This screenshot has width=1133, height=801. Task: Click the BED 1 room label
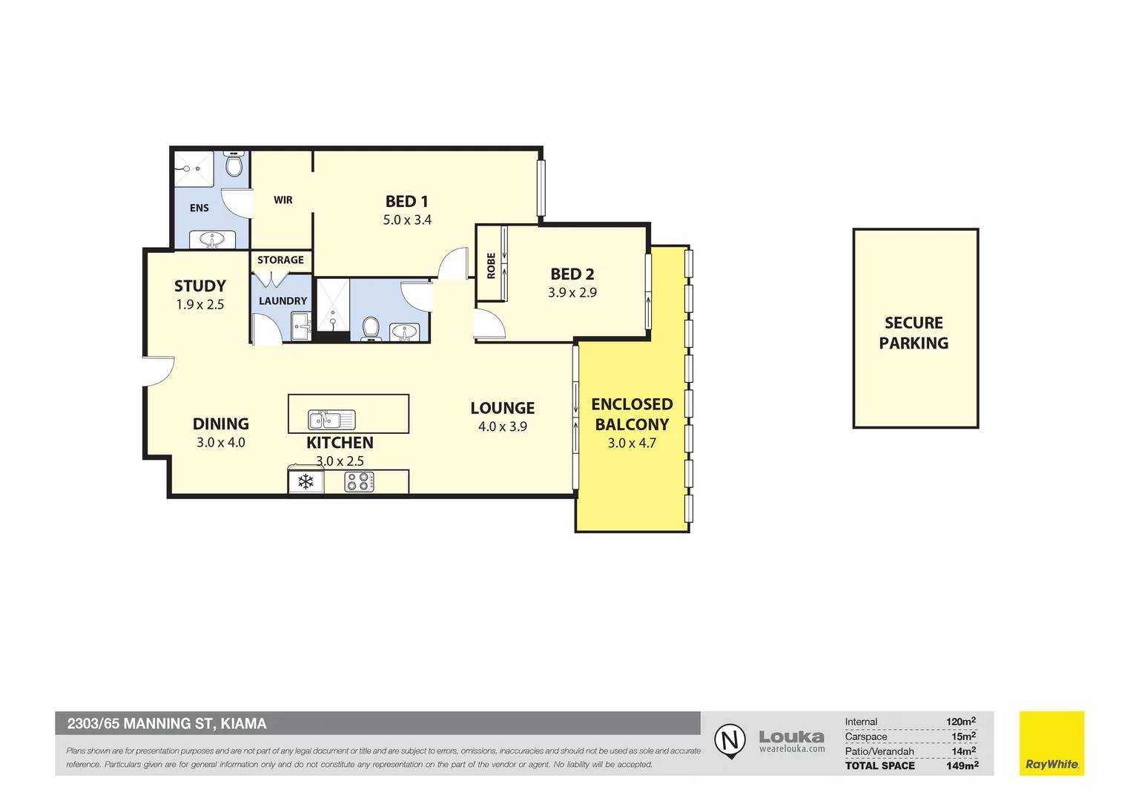tap(406, 202)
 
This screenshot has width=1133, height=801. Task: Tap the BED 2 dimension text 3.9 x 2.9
tap(572, 292)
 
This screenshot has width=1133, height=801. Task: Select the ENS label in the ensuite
tap(199, 208)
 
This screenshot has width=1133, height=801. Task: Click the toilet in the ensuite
tap(234, 163)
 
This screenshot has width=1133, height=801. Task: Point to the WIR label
tap(283, 200)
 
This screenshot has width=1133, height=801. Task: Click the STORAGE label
tap(280, 260)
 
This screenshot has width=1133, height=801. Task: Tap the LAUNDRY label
tap(283, 301)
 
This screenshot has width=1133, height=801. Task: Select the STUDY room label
tap(199, 286)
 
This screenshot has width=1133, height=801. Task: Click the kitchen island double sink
tap(331, 420)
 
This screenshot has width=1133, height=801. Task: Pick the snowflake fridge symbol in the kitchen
tap(305, 482)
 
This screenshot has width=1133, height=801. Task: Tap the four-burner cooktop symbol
tap(359, 482)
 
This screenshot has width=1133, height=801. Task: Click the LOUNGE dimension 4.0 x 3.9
tap(502, 426)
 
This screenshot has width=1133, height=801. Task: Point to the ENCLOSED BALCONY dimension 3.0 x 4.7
tap(632, 444)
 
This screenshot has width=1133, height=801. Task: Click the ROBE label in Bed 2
tap(491, 266)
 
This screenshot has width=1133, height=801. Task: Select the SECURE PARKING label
tap(914, 333)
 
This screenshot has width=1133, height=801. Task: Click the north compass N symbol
tap(730, 740)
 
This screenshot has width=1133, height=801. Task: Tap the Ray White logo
tap(1051, 743)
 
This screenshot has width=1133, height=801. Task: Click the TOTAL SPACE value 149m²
tap(962, 765)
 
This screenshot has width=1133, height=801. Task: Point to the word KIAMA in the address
tap(243, 724)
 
